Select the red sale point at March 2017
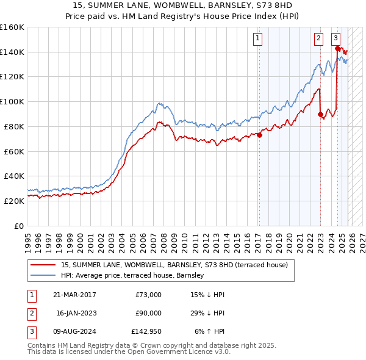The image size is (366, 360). click(259, 135)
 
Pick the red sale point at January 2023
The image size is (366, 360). click(320, 113)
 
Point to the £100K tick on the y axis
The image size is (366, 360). click(12, 101)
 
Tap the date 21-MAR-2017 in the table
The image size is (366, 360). click(74, 295)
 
